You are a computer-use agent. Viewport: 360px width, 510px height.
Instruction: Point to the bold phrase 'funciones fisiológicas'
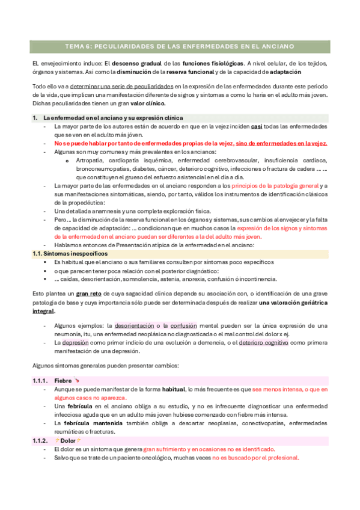click(x=217, y=63)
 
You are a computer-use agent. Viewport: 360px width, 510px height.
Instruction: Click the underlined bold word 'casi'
click(x=256, y=127)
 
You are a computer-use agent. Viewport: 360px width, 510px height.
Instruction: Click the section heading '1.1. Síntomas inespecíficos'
click(x=67, y=254)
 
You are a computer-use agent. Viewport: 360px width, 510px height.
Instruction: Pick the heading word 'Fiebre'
click(x=63, y=381)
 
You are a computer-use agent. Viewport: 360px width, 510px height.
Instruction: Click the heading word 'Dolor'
click(x=67, y=441)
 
